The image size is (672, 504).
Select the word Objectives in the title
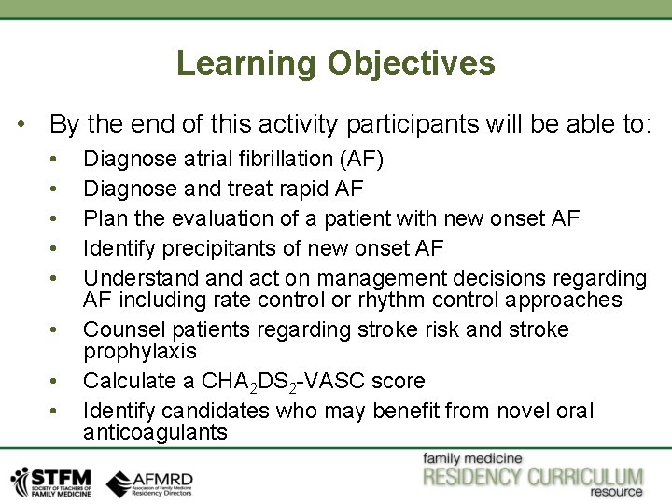tap(411, 63)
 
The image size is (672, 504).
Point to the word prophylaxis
tap(140, 351)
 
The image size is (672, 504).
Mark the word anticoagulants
tap(155, 432)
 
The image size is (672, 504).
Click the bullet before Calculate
tap(57, 381)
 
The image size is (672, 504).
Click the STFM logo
tap(50, 481)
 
